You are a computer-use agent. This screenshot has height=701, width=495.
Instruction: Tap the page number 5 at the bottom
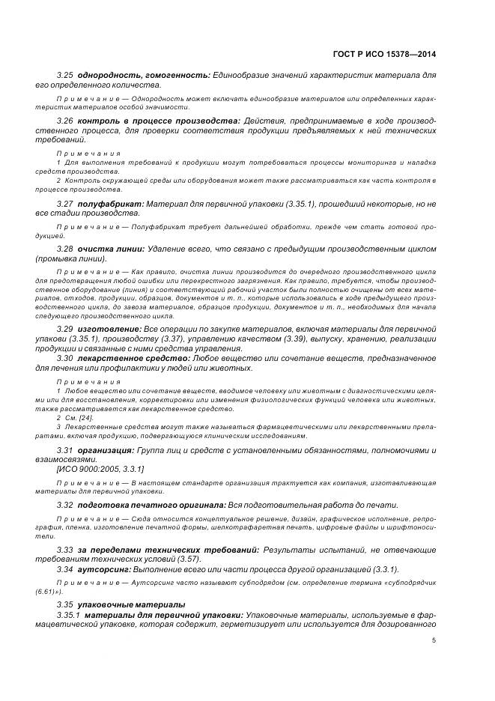(x=434, y=640)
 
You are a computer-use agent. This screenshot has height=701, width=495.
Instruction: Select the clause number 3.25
(x=66, y=76)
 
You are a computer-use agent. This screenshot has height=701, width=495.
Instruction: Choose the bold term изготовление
(x=109, y=329)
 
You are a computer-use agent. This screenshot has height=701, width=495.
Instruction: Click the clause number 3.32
(x=66, y=505)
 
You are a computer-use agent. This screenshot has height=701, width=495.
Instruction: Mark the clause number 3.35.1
(x=69, y=614)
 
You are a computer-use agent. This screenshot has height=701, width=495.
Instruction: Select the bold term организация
(x=106, y=449)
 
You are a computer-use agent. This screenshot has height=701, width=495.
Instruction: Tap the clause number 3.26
(x=66, y=120)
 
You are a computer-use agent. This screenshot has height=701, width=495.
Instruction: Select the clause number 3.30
(x=66, y=358)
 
